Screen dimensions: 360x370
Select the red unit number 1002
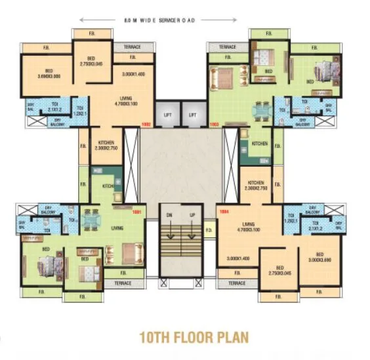(146, 123)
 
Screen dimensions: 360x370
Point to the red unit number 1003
(214, 123)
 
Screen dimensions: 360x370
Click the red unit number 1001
(136, 212)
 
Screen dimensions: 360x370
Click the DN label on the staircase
(168, 215)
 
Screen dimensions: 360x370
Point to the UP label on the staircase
(192, 215)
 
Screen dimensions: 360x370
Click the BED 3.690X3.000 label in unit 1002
(49, 73)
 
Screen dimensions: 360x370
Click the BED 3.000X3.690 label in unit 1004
(319, 257)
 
